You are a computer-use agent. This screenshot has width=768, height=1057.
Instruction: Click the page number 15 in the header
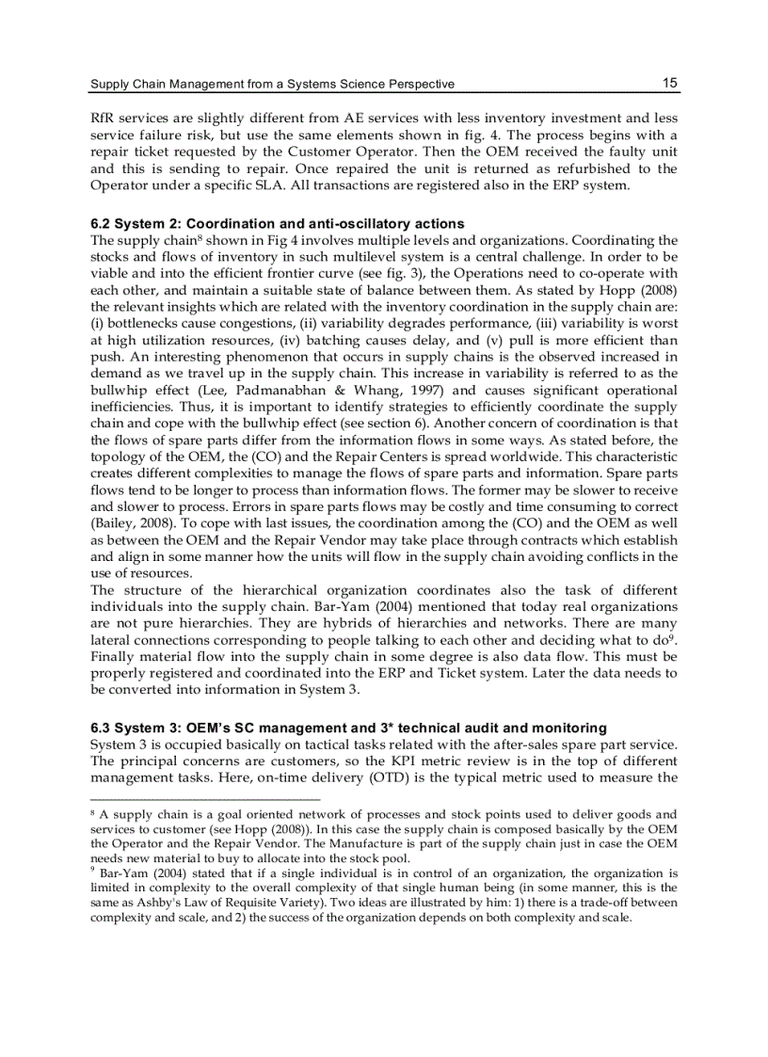point(669,83)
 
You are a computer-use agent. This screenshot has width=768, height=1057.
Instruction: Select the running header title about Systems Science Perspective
point(272,85)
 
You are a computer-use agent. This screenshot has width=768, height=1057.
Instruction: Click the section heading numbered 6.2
point(278,224)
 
